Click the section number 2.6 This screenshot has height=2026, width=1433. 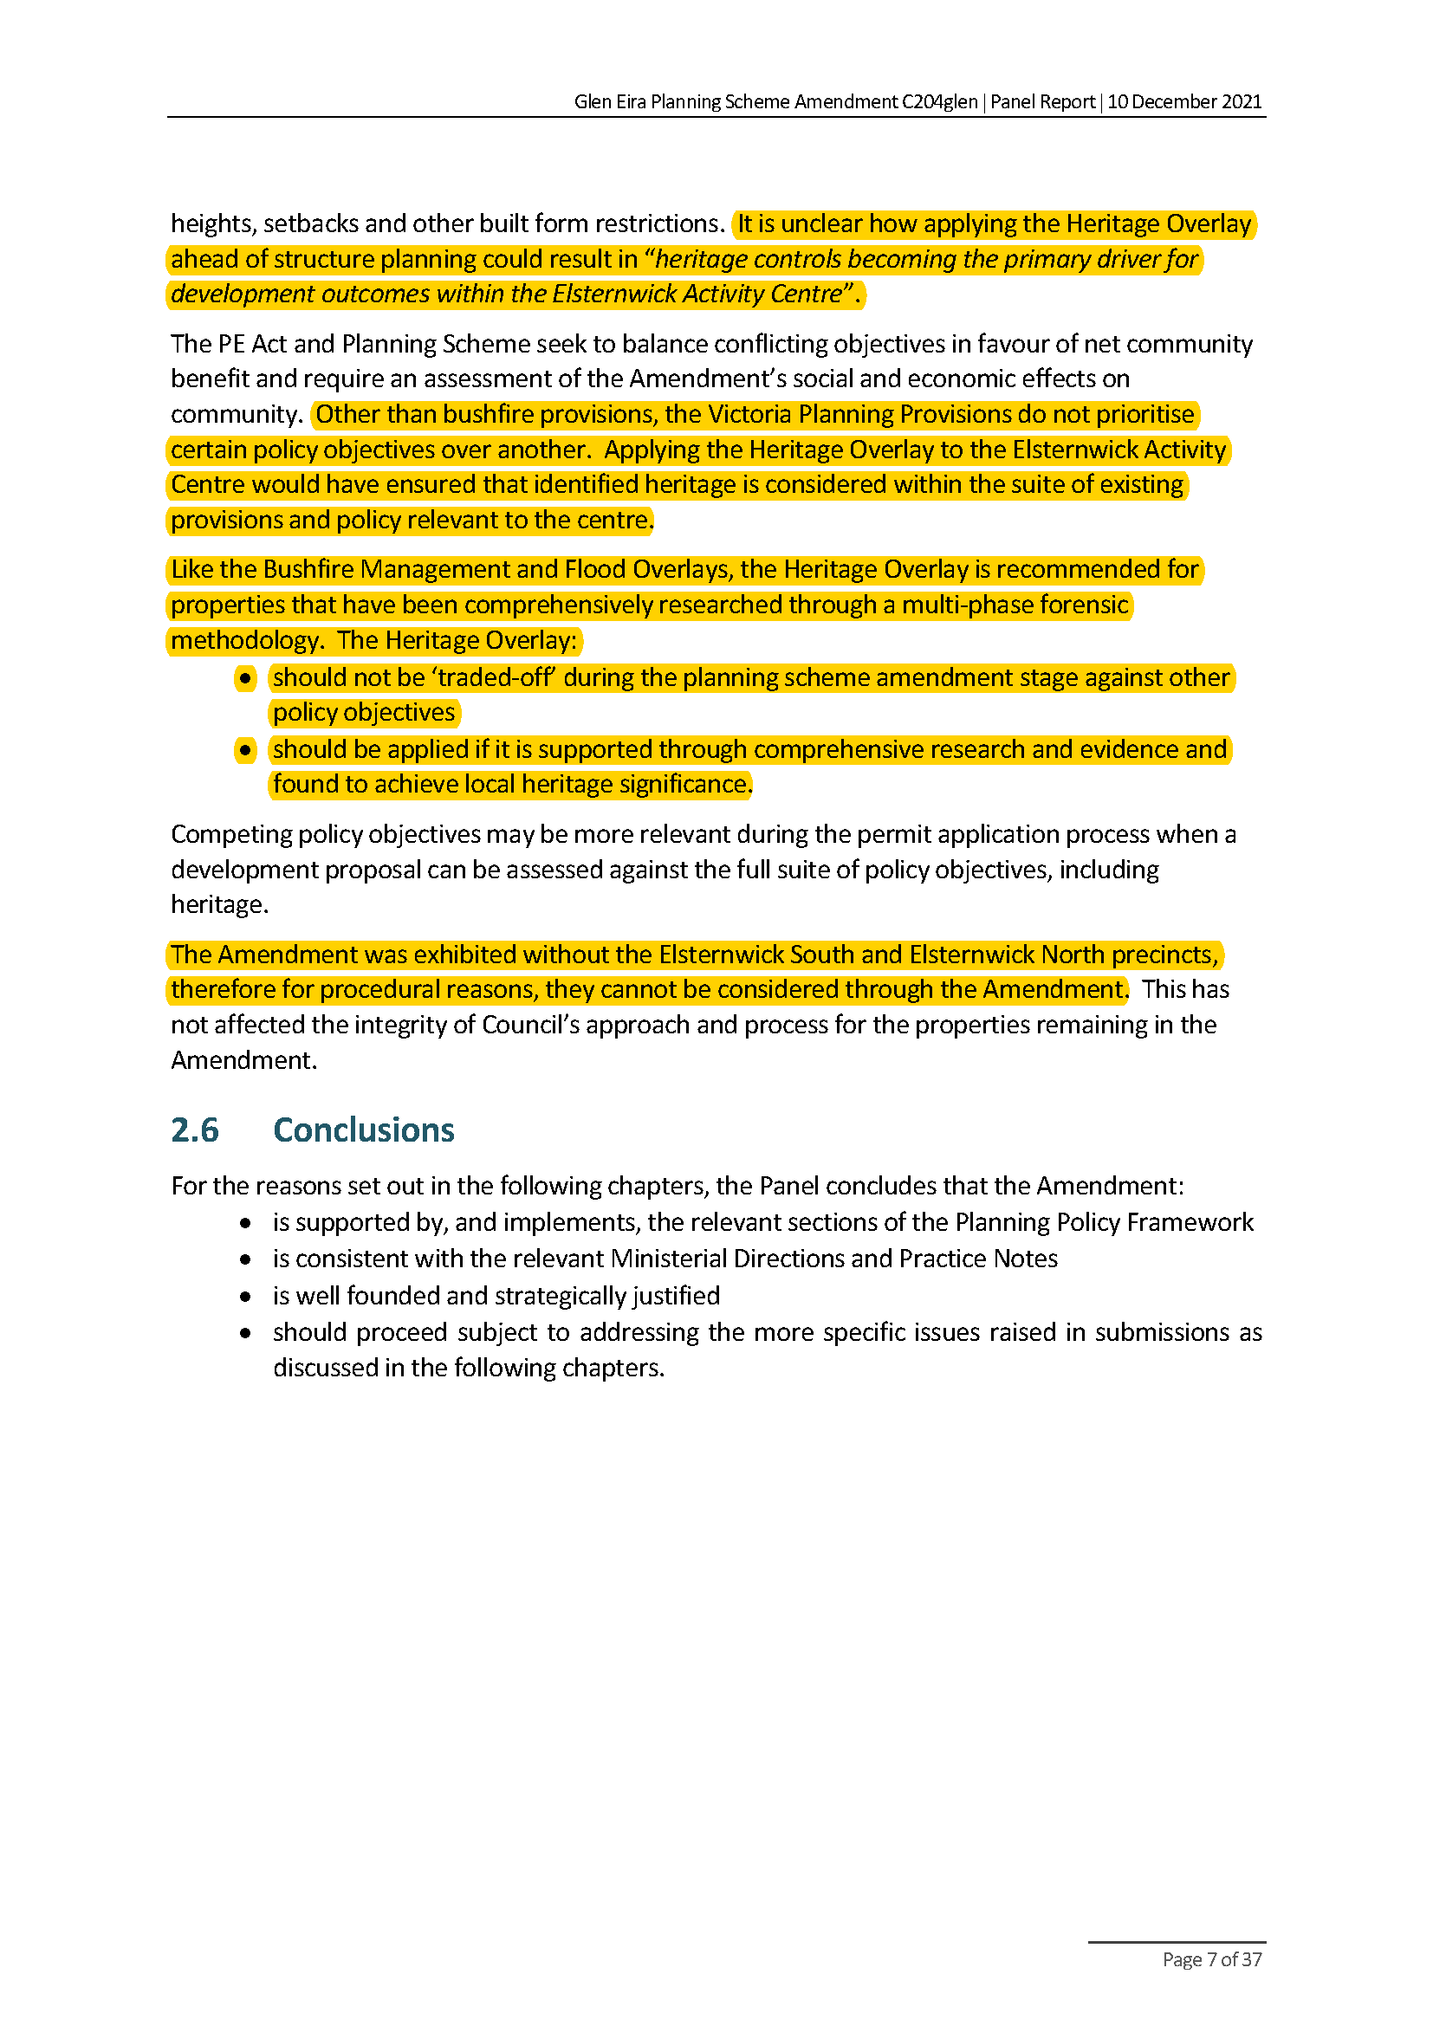pyautogui.click(x=194, y=1130)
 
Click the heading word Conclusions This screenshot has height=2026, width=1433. pyautogui.click(x=364, y=1130)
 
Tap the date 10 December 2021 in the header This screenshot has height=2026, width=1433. pyautogui.click(x=1184, y=101)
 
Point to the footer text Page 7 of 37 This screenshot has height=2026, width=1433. pyautogui.click(x=1211, y=1960)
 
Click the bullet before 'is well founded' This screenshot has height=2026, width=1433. pyautogui.click(x=245, y=1297)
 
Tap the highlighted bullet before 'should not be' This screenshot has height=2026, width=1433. pyautogui.click(x=245, y=678)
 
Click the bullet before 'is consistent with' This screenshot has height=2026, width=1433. pyautogui.click(x=245, y=1259)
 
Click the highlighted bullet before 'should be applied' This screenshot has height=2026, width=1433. pyautogui.click(x=245, y=750)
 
